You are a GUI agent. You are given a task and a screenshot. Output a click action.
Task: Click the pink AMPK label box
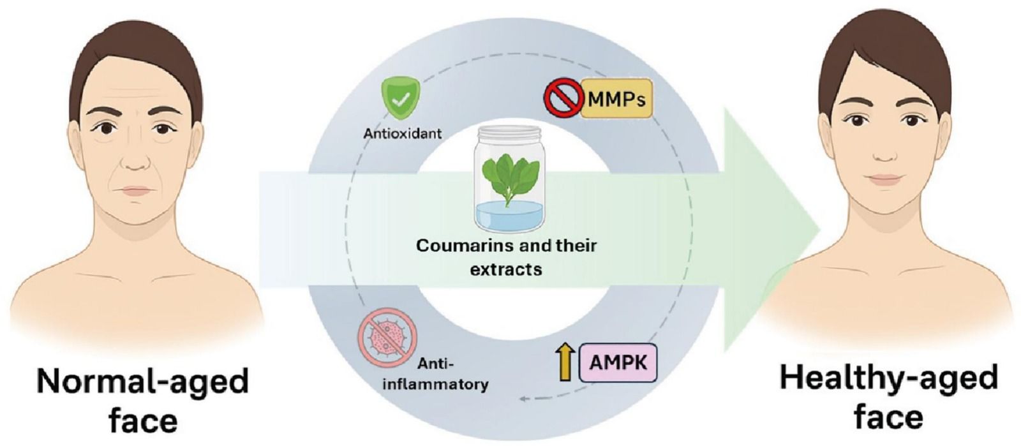click(x=618, y=363)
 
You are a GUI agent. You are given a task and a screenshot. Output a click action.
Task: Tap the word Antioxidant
click(x=403, y=134)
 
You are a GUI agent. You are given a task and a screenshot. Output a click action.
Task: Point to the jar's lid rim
click(x=508, y=132)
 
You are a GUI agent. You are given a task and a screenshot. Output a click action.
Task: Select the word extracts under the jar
click(x=506, y=269)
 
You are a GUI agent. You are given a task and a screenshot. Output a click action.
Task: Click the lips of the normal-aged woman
click(x=136, y=191)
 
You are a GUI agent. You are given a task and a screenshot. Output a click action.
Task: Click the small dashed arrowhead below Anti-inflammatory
click(x=523, y=399)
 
